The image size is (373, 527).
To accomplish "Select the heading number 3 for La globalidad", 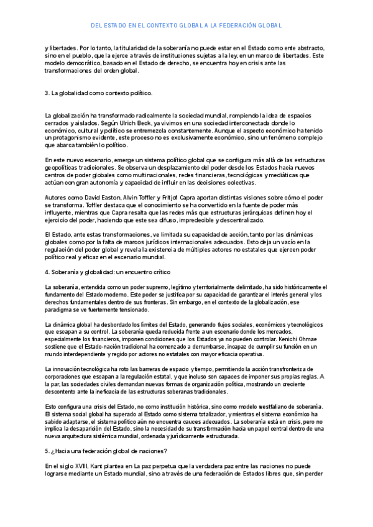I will [x=47, y=93].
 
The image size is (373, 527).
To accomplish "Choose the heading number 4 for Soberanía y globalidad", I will [x=47, y=272].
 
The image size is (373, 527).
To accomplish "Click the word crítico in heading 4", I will [x=161, y=272].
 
